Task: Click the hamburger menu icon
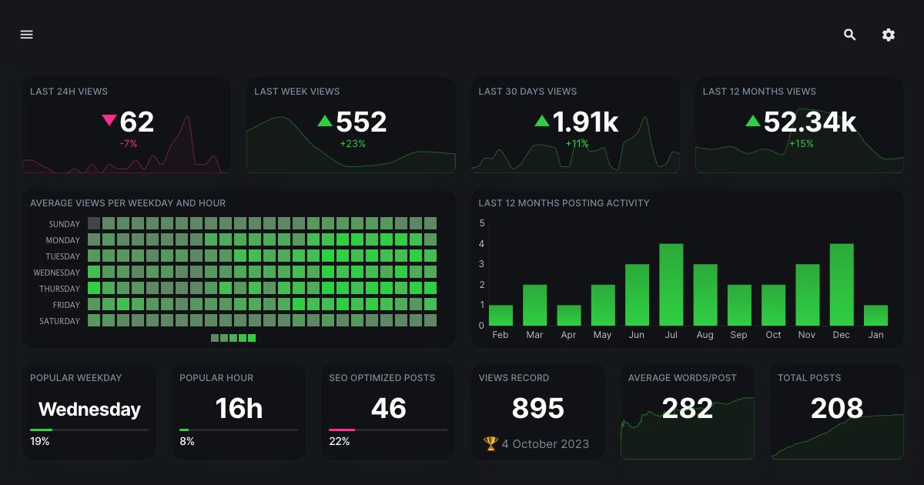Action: click(x=27, y=35)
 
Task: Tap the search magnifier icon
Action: click(x=850, y=35)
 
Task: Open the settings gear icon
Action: click(x=889, y=35)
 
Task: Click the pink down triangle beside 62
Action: click(x=109, y=120)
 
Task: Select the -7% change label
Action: click(x=128, y=143)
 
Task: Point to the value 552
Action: click(x=361, y=122)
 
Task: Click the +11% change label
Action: click(x=577, y=143)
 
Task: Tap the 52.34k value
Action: click(x=809, y=122)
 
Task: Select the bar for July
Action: click(x=671, y=285)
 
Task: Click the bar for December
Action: click(x=842, y=285)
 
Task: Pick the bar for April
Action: click(x=569, y=316)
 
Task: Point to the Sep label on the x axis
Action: click(x=738, y=335)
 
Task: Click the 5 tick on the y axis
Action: click(x=482, y=224)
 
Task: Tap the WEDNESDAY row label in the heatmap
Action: click(x=56, y=273)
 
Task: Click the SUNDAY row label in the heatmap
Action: click(x=64, y=224)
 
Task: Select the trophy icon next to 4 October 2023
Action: click(x=490, y=443)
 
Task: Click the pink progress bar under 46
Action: click(x=342, y=430)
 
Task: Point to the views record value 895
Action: click(x=538, y=409)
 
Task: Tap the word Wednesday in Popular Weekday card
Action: click(x=89, y=410)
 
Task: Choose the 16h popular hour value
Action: click(x=239, y=409)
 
